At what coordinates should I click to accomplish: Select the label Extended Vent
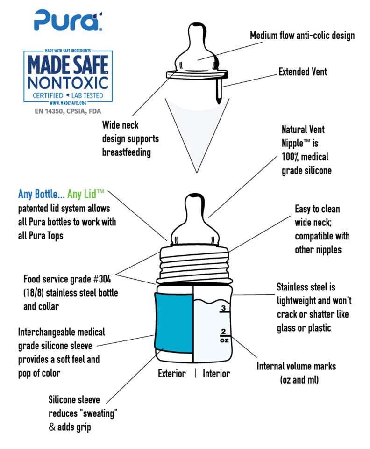(303, 72)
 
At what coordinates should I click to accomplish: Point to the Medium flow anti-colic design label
(302, 36)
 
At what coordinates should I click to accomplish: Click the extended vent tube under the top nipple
(218, 91)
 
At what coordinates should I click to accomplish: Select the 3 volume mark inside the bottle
(224, 308)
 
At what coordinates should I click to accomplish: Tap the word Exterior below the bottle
(171, 374)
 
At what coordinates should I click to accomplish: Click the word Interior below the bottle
(216, 374)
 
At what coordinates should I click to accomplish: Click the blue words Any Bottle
(40, 194)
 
